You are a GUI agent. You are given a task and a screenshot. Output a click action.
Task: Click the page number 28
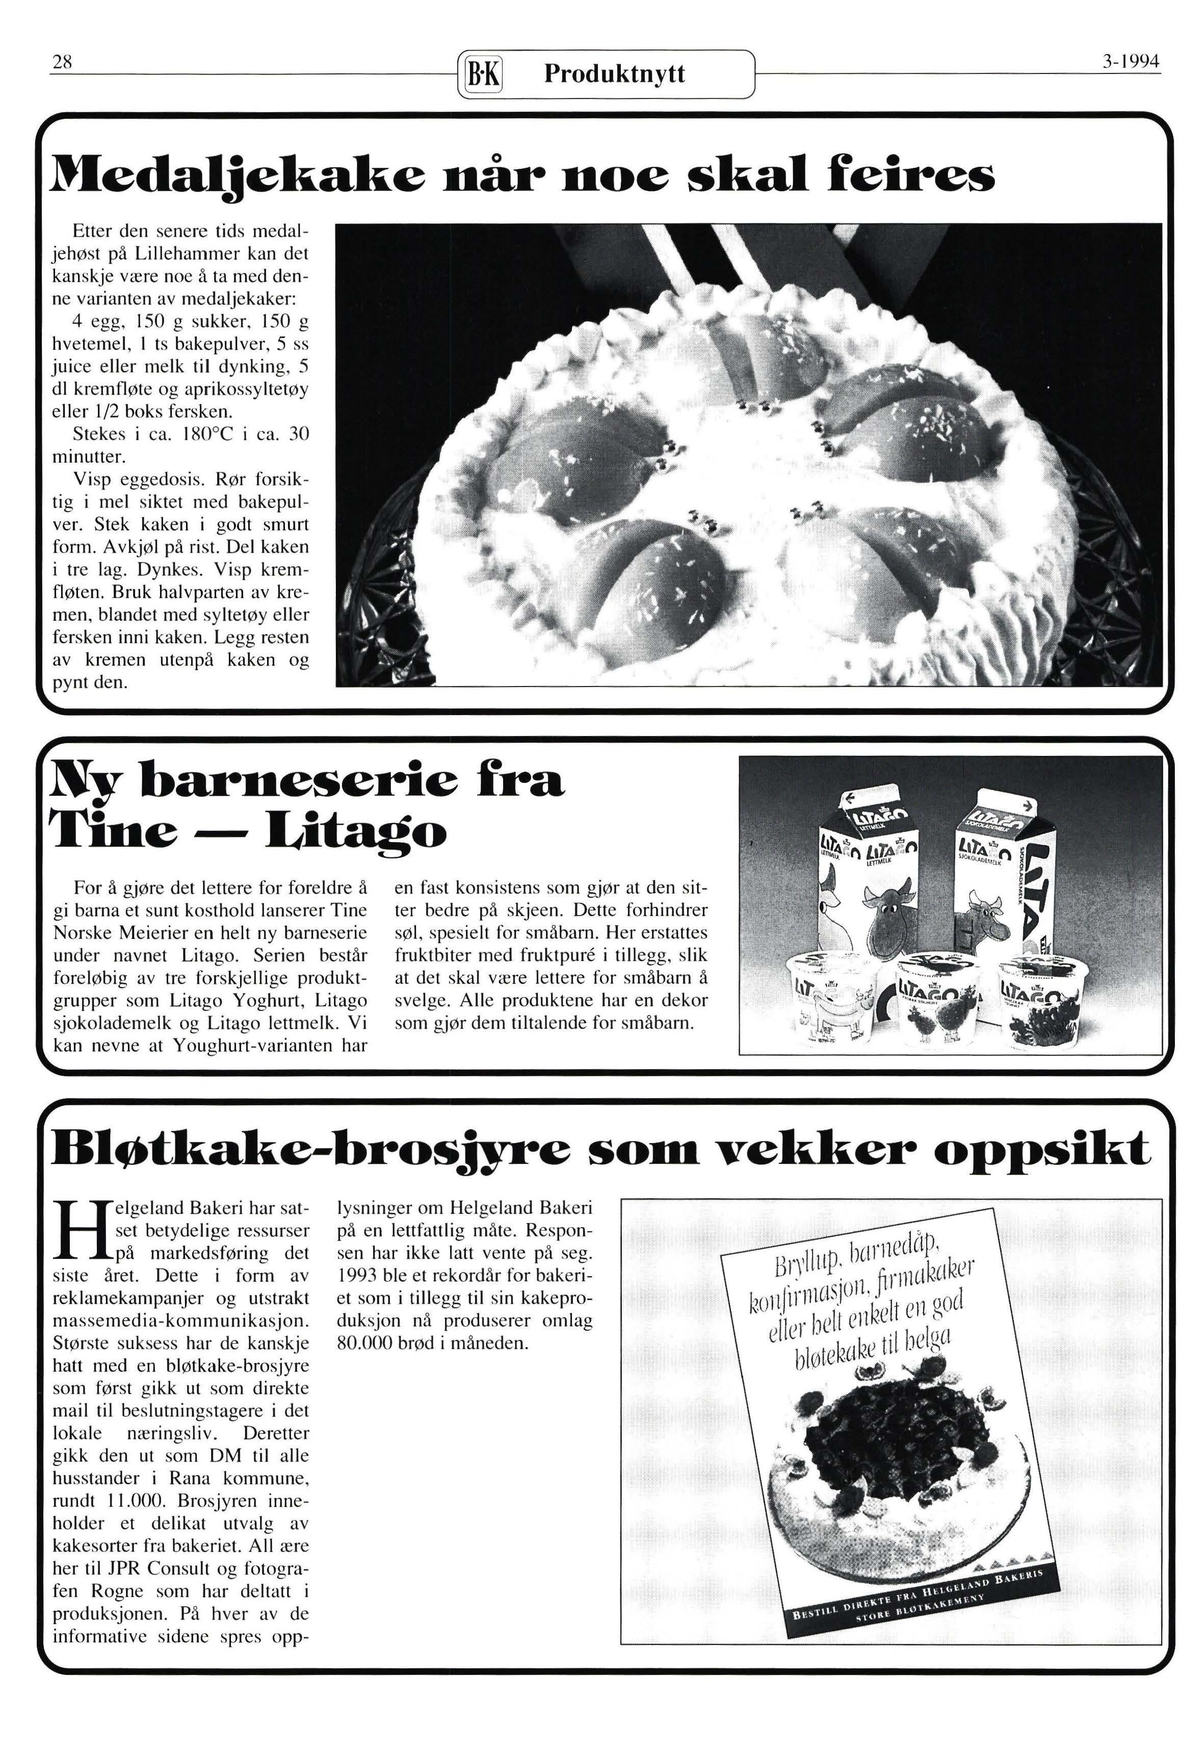[61, 63]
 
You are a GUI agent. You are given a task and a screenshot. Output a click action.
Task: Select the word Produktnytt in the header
[614, 74]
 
